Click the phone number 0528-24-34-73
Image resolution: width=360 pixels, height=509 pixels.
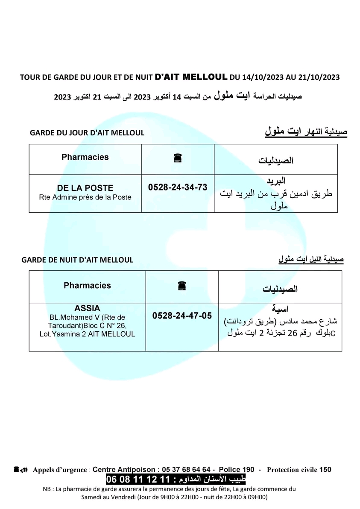pos(178,187)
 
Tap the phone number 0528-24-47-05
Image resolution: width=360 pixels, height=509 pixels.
pos(182,316)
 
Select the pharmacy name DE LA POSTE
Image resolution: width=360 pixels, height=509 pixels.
pos(85,188)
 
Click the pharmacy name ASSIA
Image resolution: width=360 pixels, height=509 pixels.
pos(87,308)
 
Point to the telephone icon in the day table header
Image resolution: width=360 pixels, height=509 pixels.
pos(178,158)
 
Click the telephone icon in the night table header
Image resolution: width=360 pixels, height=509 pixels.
pos(182,287)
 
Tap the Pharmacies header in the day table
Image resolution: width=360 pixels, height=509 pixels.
pos(85,157)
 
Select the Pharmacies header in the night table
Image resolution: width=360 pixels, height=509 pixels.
pos(87,286)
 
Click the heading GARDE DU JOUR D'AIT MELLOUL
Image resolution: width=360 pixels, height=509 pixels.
pos(87,133)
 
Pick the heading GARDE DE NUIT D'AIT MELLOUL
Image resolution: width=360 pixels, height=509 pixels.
pos(77,260)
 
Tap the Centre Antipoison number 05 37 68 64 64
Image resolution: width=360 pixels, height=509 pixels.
pos(186,469)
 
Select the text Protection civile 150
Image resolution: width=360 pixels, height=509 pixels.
pos(299,470)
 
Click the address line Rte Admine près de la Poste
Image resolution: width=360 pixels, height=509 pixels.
pos(85,197)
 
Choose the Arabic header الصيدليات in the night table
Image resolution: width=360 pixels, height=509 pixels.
pos(280,289)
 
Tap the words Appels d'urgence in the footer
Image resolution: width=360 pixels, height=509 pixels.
pos(59,470)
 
